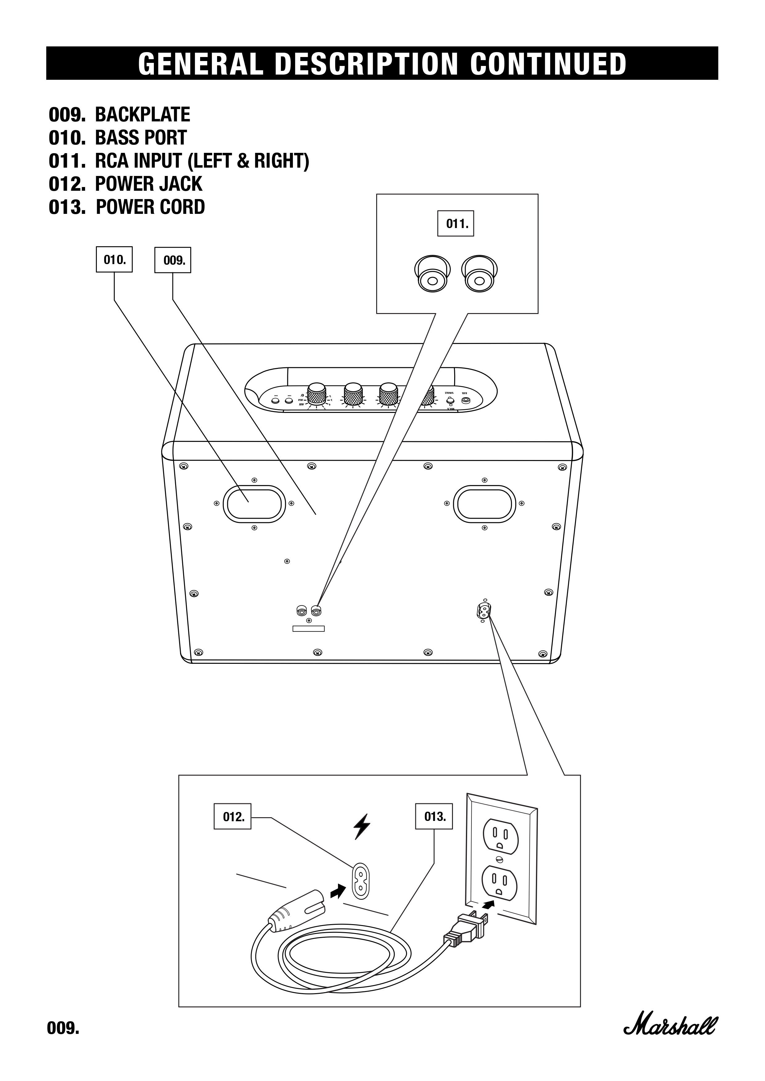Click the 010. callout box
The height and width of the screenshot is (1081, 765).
(x=114, y=259)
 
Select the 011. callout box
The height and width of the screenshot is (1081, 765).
(x=455, y=224)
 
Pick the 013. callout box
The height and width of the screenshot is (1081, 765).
(x=434, y=816)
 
